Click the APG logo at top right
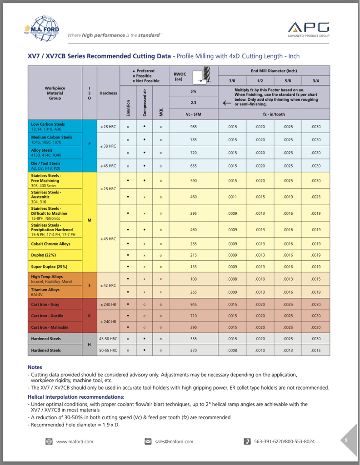[309, 28]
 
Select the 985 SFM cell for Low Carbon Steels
[194, 127]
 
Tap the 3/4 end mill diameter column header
[315, 80]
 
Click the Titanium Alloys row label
[45, 292]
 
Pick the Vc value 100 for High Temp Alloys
[194, 279]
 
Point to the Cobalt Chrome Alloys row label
[51, 244]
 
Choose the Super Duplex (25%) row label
[49, 267]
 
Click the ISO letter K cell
[90, 316]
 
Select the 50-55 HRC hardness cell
[108, 350]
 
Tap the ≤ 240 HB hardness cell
[108, 304]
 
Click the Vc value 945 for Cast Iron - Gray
[194, 304]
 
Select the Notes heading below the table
[35, 367]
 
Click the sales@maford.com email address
[174, 441]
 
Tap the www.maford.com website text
[75, 441]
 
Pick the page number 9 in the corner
[346, 440]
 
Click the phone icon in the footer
[247, 441]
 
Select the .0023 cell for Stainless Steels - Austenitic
[315, 197]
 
